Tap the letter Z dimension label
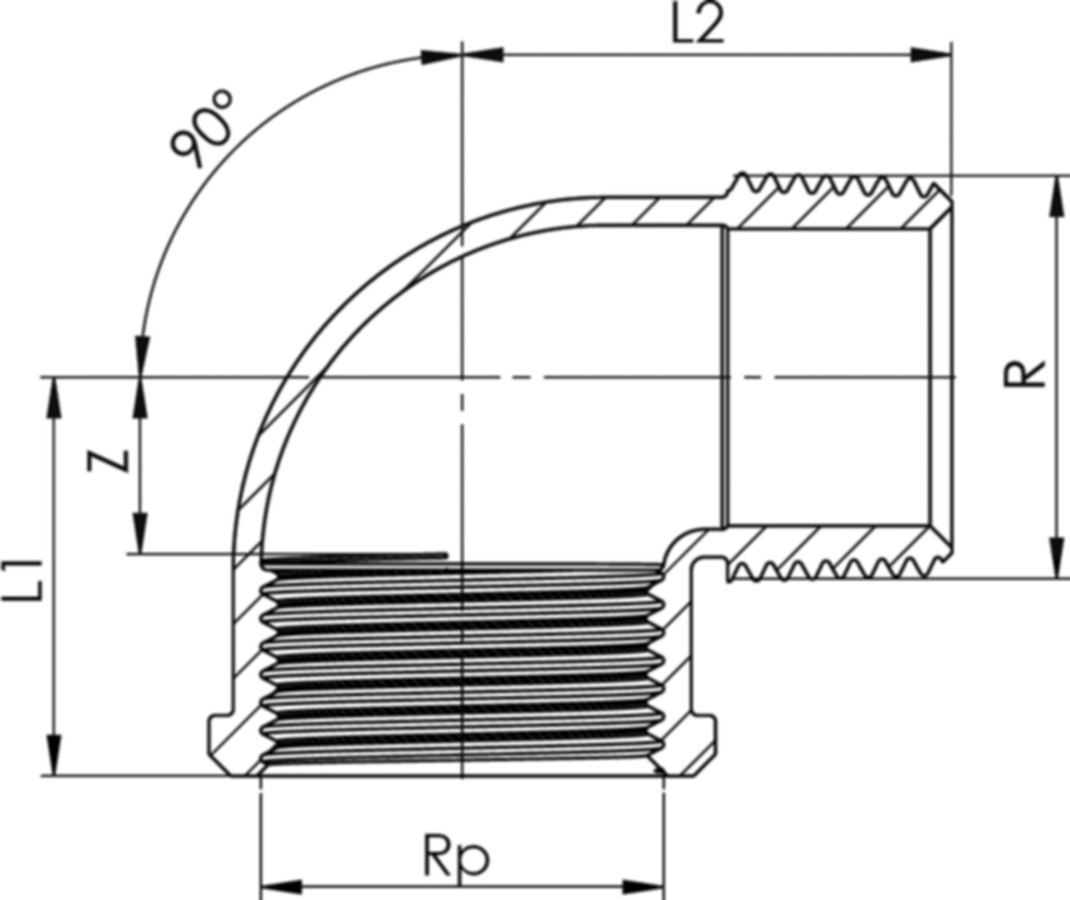(x=109, y=461)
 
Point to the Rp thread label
(x=456, y=856)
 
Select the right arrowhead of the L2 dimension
(x=931, y=55)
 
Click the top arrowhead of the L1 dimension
(x=55, y=397)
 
